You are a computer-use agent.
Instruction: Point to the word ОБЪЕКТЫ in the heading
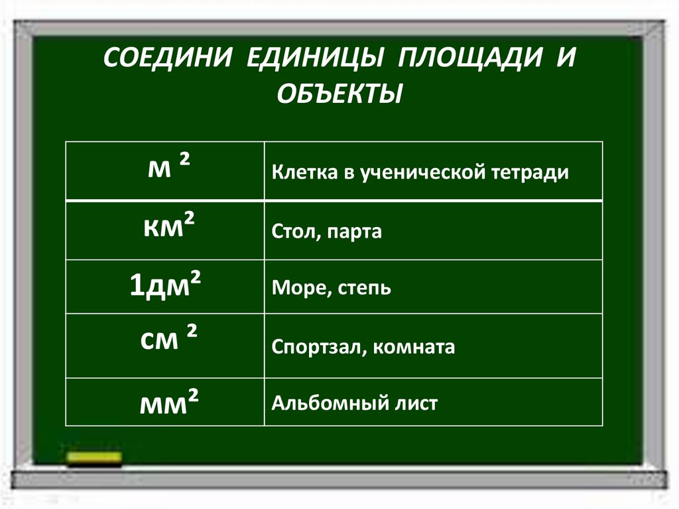point(339,93)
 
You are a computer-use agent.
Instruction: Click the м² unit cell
point(165,170)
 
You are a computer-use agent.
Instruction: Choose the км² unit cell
point(165,229)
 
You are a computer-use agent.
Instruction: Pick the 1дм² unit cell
point(165,287)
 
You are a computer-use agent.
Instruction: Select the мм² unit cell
point(165,401)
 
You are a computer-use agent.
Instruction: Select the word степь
point(364,289)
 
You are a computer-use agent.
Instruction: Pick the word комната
point(416,348)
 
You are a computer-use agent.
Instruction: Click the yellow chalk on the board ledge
point(94,457)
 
